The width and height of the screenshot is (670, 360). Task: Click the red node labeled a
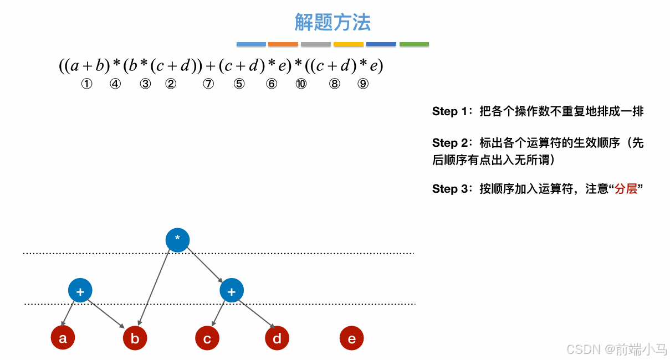click(x=63, y=338)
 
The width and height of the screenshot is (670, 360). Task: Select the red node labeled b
click(x=135, y=338)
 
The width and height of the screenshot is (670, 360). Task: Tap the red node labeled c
click(x=207, y=338)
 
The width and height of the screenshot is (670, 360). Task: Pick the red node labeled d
click(x=277, y=338)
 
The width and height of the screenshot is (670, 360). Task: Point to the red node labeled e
click(x=351, y=338)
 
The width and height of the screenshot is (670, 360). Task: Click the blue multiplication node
click(x=177, y=240)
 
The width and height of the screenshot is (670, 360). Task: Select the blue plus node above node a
click(x=80, y=291)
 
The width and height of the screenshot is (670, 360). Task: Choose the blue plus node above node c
click(x=232, y=291)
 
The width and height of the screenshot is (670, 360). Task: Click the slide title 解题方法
click(x=333, y=22)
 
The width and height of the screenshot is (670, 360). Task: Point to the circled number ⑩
click(x=301, y=84)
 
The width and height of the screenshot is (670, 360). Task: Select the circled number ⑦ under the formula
click(x=208, y=84)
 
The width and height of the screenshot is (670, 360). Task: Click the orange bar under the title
click(x=283, y=44)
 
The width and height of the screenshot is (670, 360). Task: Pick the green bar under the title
click(x=414, y=44)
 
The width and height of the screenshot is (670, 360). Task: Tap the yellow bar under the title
click(x=348, y=44)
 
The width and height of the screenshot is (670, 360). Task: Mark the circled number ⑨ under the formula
click(x=363, y=84)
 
